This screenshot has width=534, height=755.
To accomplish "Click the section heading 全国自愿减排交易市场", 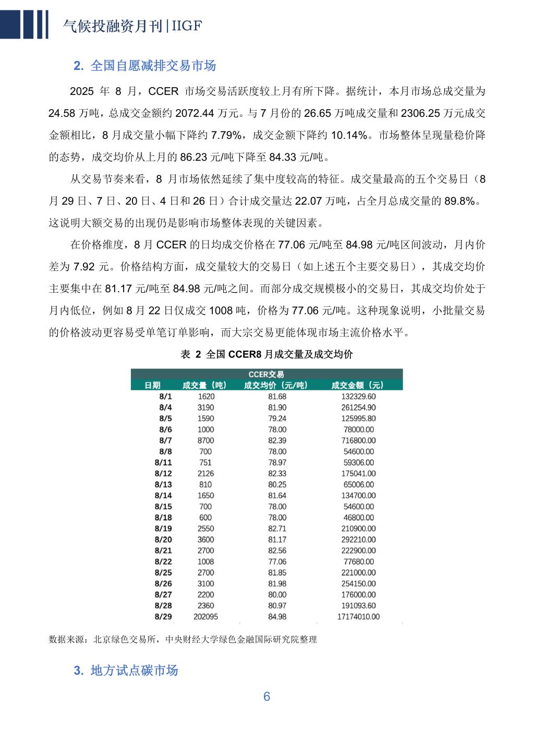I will point(145,66).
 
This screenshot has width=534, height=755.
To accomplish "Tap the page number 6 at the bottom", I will point(266,697).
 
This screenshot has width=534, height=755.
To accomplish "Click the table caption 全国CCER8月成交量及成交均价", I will point(266,354).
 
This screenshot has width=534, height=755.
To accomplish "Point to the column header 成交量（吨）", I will point(205,385).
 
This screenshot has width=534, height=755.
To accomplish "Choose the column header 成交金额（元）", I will point(358,385).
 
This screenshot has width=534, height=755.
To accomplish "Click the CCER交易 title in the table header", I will point(266,374).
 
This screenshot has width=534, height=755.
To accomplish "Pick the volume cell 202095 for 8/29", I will point(205,617).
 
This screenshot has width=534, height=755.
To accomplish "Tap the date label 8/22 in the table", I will point(163,561).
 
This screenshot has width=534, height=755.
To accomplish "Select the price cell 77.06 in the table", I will point(277,561).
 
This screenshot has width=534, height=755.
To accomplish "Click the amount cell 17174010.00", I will point(358,617).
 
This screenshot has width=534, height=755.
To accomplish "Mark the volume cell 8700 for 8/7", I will point(205,440).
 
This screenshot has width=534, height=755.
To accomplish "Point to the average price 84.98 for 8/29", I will point(277,617).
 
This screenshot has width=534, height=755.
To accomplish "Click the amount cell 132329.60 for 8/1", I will point(358,397).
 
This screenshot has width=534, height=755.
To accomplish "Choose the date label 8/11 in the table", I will point(163,462).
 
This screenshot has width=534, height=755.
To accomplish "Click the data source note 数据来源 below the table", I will point(183,639).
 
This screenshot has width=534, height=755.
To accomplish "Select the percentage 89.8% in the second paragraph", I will point(459,201).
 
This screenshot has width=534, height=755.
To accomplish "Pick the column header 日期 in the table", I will point(152,385).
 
